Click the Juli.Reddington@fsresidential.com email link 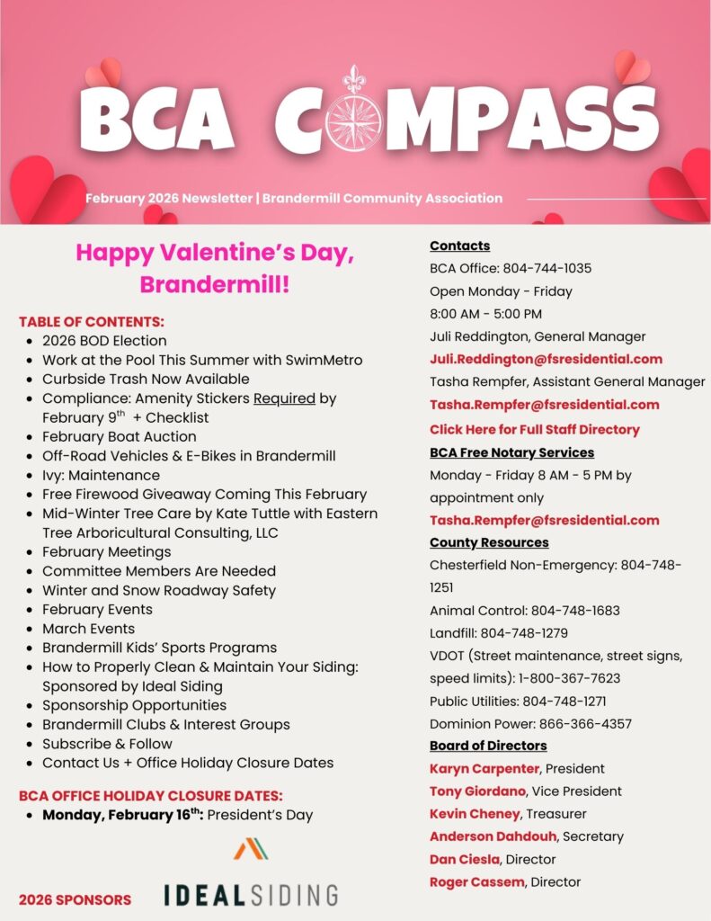click(546, 359)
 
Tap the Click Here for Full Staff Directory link click(534, 429)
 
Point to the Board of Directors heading click(488, 746)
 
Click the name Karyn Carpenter click(484, 768)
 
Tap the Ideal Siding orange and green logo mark click(252, 848)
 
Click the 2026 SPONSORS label click(75, 899)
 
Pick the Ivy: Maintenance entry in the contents click(101, 475)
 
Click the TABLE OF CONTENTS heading click(92, 321)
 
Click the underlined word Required click(284, 398)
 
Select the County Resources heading click(489, 542)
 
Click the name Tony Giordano click(475, 791)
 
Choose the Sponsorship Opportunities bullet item click(134, 705)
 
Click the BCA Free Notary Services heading click(511, 452)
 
